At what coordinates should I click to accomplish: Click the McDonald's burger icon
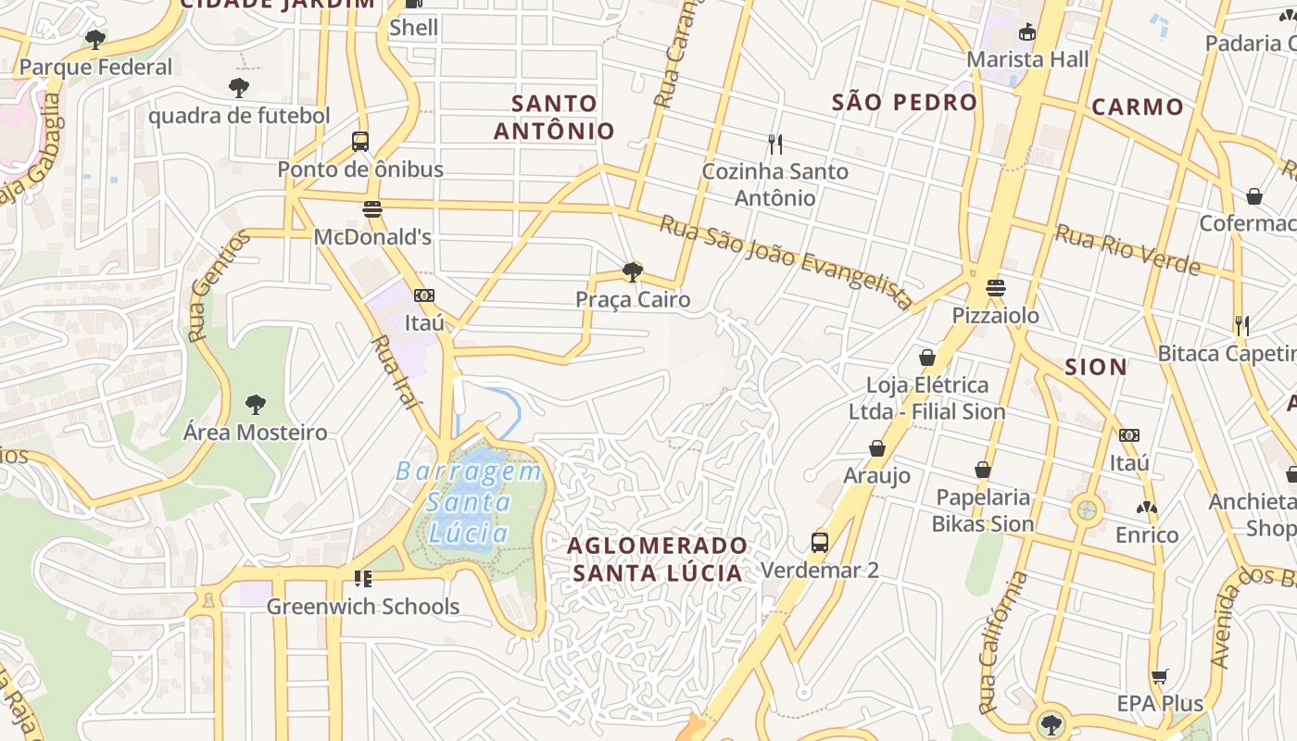[372, 209]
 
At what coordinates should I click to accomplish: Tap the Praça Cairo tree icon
[633, 272]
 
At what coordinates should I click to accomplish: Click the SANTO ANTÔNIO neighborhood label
[554, 117]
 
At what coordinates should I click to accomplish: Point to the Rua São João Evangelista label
[786, 262]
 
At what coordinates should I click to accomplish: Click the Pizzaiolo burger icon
[996, 288]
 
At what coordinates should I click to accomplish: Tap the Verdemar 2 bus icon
[819, 543]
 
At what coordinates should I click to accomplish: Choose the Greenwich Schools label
[363, 607]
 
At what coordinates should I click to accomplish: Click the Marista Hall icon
[1026, 32]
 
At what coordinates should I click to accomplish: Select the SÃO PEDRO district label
[904, 102]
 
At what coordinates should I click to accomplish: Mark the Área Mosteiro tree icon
[256, 405]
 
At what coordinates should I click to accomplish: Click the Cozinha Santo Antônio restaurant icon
[775, 144]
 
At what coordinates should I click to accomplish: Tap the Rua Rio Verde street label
[1127, 250]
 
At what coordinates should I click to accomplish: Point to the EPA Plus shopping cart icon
[1160, 676]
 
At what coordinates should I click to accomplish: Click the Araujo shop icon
[876, 449]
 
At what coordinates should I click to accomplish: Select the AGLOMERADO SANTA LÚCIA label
[658, 559]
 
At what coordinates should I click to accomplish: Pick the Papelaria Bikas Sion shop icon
[982, 470]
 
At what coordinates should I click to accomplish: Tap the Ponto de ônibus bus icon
[360, 142]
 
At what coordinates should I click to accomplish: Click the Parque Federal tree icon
[94, 39]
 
